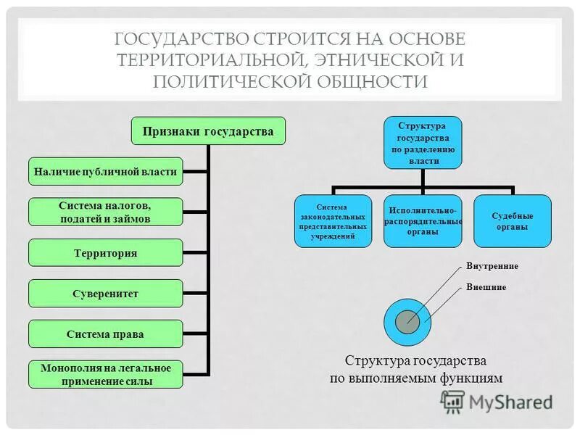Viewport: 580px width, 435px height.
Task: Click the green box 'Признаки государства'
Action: point(208,132)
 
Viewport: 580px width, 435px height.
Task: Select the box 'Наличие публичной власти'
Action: point(106,172)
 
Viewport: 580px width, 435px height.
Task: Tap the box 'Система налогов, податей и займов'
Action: point(106,212)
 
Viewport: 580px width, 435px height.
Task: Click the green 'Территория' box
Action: point(106,253)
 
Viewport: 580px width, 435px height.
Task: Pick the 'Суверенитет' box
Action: point(106,294)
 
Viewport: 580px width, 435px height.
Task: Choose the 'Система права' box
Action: point(106,334)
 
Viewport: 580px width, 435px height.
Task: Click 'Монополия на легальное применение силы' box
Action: point(106,375)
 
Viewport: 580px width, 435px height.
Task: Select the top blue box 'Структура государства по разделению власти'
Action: point(423,143)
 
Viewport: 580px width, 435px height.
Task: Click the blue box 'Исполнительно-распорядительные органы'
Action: point(423,221)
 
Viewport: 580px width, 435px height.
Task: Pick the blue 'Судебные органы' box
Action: point(513,221)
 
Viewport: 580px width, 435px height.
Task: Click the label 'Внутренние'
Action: point(492,266)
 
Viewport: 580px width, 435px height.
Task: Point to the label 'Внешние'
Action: point(486,287)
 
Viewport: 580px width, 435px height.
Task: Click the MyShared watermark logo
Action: point(497,401)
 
